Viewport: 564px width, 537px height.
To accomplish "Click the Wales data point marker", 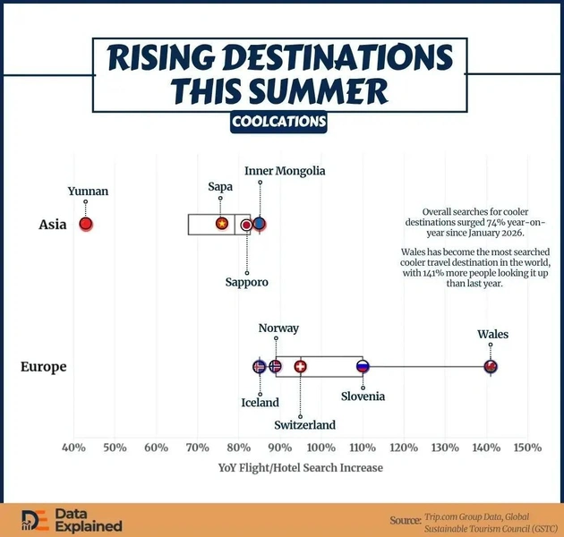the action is pyautogui.click(x=491, y=367).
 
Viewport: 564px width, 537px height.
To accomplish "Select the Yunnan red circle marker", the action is pyautogui.click(x=86, y=224).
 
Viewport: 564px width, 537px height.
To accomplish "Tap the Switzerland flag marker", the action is pyautogui.click(x=300, y=367).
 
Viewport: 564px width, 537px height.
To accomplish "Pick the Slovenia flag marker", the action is pyautogui.click(x=363, y=367).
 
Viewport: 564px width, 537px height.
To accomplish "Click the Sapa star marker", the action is pyautogui.click(x=222, y=224).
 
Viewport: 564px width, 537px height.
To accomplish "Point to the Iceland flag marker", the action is pyautogui.click(x=259, y=367).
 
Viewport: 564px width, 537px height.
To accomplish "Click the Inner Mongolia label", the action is pyautogui.click(x=285, y=171).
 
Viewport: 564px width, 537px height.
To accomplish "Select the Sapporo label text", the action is pyautogui.click(x=247, y=282).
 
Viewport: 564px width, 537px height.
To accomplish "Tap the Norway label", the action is pyautogui.click(x=278, y=328).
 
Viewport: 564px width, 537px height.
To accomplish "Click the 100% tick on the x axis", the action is pyautogui.click(x=321, y=447).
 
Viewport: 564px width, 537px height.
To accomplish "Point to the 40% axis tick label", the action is pyautogui.click(x=73, y=447).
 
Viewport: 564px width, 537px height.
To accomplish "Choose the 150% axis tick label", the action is pyautogui.click(x=527, y=447).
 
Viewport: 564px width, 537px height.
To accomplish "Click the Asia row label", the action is pyautogui.click(x=53, y=225).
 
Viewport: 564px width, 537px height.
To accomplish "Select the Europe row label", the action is pyautogui.click(x=44, y=367).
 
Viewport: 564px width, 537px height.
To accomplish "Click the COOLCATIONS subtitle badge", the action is pyautogui.click(x=278, y=122).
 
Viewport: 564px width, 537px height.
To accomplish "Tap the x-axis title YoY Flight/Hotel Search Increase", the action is pyautogui.click(x=300, y=468).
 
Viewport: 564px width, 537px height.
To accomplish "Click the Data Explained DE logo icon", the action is pyautogui.click(x=35, y=521).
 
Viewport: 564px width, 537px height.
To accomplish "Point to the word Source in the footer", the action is pyautogui.click(x=406, y=521).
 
